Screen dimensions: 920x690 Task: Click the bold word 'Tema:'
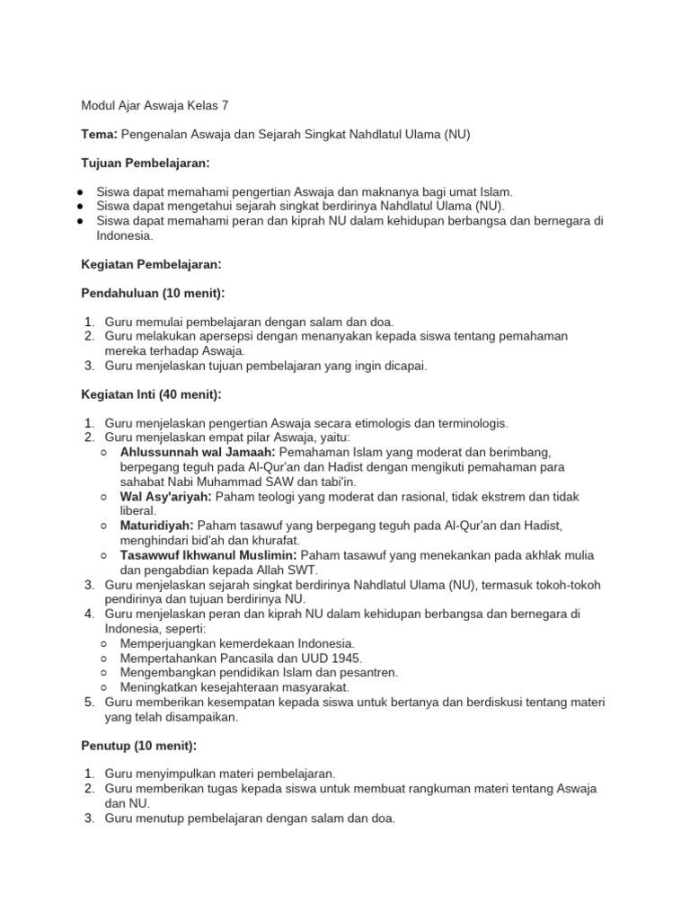click(99, 135)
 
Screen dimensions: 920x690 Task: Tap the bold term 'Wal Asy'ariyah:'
click(165, 496)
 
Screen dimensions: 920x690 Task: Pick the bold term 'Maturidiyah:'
click(156, 526)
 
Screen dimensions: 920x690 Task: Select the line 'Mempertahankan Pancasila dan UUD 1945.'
click(241, 658)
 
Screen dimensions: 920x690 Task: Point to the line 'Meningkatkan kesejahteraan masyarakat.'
click(234, 686)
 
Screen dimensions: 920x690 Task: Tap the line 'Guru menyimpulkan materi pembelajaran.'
click(220, 774)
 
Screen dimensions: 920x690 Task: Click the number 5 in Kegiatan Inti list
click(89, 702)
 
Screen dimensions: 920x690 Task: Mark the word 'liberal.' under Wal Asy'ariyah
click(137, 510)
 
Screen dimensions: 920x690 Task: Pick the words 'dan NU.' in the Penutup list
click(128, 803)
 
